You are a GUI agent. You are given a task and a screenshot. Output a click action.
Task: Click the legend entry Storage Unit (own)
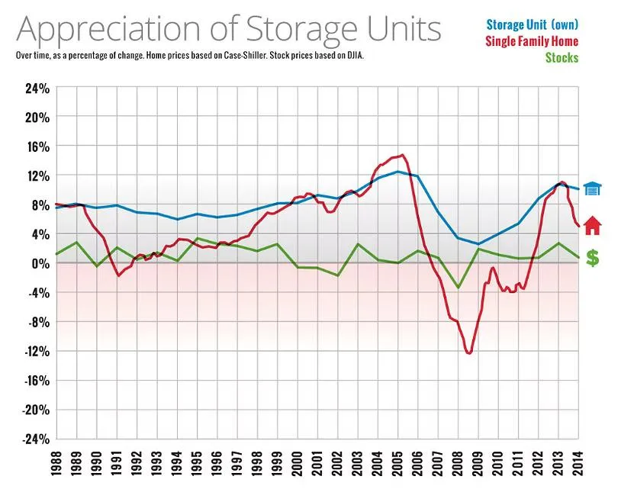[x=532, y=25]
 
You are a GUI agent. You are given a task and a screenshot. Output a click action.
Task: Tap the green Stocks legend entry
[x=561, y=57]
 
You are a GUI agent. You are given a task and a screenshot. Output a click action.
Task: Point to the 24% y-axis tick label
[x=37, y=88]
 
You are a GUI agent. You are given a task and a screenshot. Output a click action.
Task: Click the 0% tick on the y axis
[x=40, y=263]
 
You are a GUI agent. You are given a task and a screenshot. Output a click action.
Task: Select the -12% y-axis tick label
[x=36, y=351]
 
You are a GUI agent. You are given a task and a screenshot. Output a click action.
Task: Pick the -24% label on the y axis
[x=36, y=439]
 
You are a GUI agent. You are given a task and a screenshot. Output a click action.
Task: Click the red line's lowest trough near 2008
[x=468, y=353]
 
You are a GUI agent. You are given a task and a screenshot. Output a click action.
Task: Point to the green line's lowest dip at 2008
[x=458, y=288]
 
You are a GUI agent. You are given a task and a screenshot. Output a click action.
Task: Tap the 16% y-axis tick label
[x=37, y=146]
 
